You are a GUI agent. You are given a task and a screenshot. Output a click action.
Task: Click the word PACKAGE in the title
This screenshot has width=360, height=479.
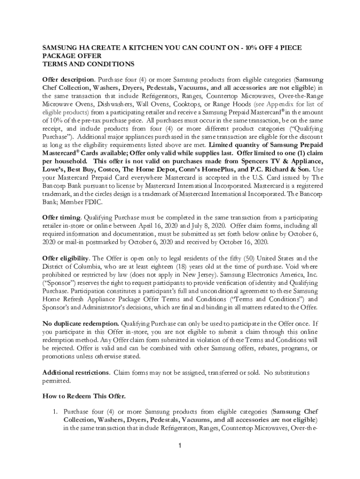tap(58, 56)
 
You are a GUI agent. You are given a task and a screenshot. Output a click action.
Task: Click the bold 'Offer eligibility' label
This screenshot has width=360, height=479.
tap(66, 258)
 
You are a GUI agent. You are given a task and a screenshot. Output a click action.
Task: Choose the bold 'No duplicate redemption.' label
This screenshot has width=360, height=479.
tap(81, 323)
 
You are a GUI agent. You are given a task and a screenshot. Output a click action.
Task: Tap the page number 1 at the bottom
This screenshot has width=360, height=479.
tap(180, 445)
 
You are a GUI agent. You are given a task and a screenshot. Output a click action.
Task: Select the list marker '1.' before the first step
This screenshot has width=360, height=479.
tap(54, 412)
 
